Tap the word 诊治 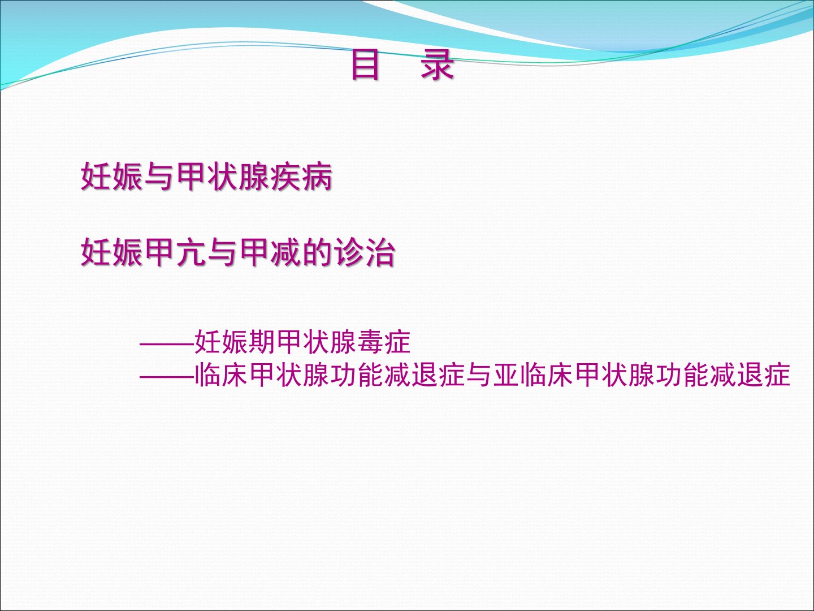point(365,253)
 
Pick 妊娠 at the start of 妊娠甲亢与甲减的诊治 point(112,253)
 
